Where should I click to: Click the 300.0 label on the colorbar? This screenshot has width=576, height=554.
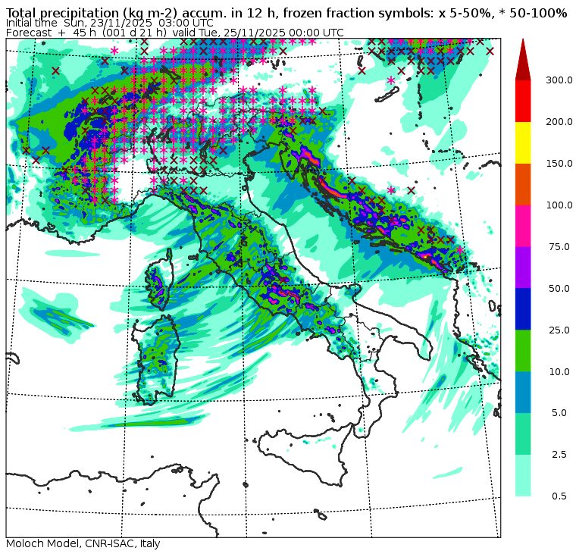point(560,80)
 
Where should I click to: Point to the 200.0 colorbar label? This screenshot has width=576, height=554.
point(560,122)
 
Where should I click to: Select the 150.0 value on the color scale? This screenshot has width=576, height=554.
point(560,164)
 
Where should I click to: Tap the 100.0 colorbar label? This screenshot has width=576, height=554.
point(560,205)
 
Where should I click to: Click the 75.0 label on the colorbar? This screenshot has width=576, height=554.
point(559,247)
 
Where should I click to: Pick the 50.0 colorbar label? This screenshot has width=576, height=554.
point(559,289)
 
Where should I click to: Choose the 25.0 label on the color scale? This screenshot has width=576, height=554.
point(559,330)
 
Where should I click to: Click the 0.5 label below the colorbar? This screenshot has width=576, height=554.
point(559,496)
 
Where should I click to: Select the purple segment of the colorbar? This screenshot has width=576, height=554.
point(523,267)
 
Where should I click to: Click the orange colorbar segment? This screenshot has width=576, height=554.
point(523,184)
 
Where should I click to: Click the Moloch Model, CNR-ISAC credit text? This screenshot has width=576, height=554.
point(83,543)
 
